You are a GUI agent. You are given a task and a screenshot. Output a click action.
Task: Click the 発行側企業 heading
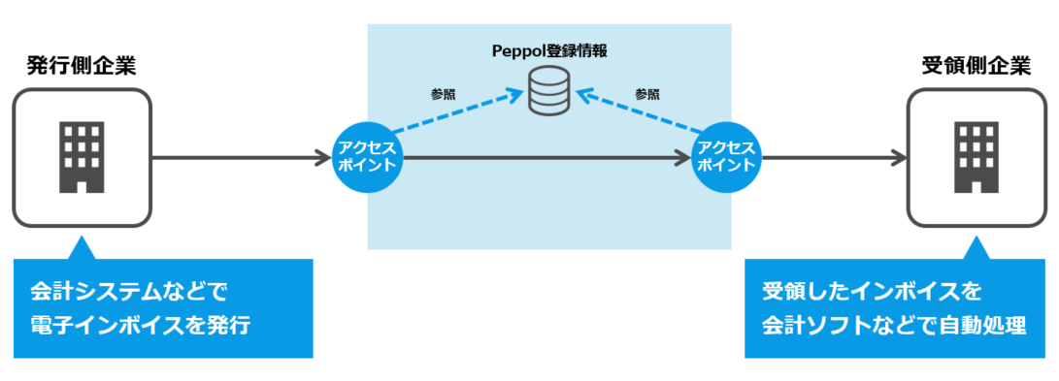click(x=82, y=66)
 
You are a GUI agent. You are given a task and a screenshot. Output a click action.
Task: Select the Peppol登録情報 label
click(x=548, y=48)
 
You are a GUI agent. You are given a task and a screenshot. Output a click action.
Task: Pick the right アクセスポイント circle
click(x=727, y=157)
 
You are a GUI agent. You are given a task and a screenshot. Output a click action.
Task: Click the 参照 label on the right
click(x=647, y=94)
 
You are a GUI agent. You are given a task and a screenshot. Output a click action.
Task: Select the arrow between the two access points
click(x=544, y=157)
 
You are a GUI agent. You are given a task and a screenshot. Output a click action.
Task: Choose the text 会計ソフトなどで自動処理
click(x=893, y=325)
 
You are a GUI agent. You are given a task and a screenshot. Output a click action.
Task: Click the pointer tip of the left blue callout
click(x=83, y=238)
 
